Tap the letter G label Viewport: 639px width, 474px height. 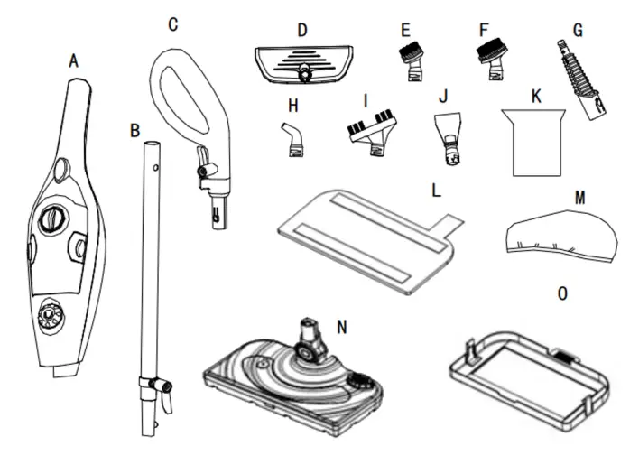[579, 30]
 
